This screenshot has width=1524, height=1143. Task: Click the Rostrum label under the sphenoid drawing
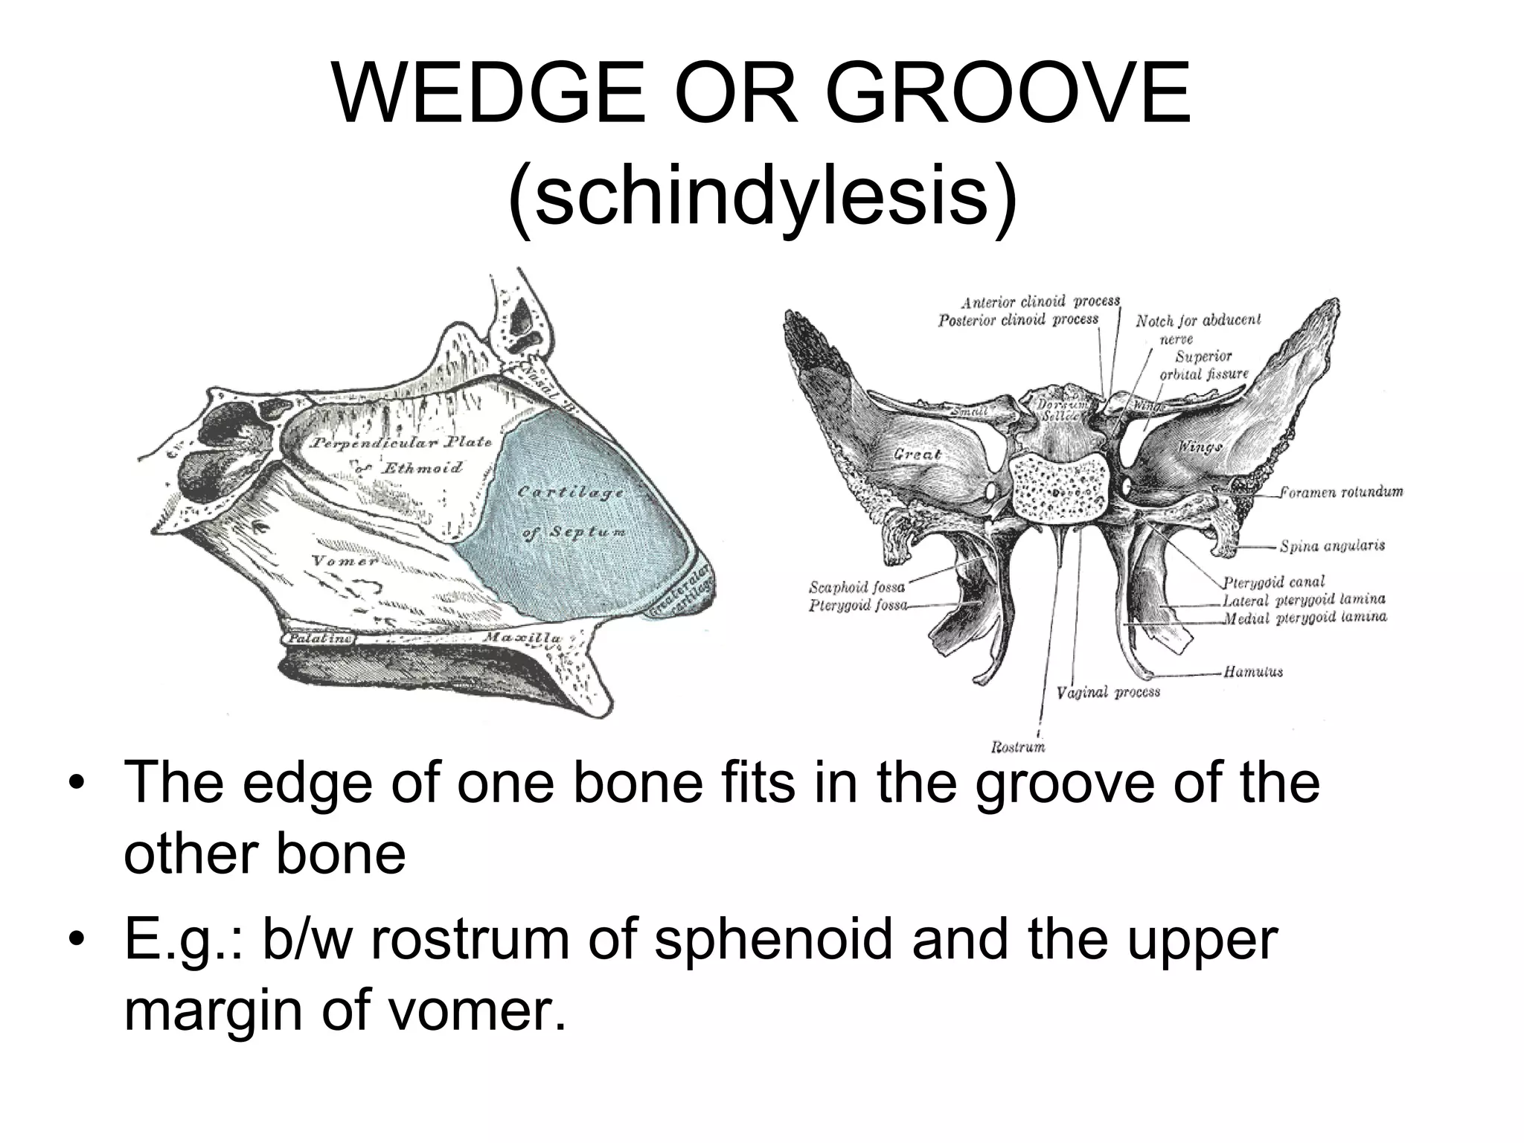coord(1018,746)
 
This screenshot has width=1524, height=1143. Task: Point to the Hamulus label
coord(1254,672)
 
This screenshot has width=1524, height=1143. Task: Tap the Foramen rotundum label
coord(1342,492)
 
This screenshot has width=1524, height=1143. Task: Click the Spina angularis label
coord(1332,546)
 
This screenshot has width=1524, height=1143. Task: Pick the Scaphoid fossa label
coord(857,587)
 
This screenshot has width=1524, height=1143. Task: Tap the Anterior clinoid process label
coord(1040,302)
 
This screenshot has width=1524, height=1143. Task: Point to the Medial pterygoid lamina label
coord(1304,617)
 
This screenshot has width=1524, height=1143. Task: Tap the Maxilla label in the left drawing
coord(522,638)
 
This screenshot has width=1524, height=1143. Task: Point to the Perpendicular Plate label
coord(402,444)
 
